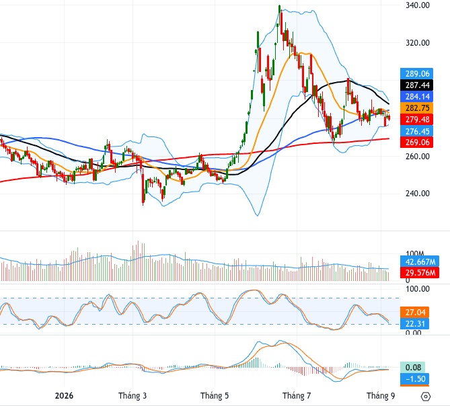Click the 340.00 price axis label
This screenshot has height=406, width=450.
pos(418,5)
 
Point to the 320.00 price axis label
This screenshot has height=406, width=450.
pos(418,43)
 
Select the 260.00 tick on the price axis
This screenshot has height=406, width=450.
pos(418,156)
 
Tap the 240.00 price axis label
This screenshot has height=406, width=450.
pos(418,193)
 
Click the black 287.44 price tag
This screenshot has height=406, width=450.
pos(417,85)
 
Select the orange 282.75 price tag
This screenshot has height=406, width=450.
pos(417,108)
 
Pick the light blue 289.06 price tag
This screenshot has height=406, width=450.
pos(417,74)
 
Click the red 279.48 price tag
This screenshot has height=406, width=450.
pos(417,120)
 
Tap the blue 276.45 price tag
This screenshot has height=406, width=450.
pos(417,131)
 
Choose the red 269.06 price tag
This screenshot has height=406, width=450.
pos(417,143)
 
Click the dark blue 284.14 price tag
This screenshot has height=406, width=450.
pos(417,97)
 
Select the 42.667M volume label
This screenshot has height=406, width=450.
pos(420,261)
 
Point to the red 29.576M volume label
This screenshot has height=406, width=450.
pos(420,272)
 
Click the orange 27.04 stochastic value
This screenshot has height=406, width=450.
pos(415,313)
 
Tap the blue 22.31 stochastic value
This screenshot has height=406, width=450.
pos(415,324)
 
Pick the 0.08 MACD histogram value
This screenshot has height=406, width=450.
pos(413,368)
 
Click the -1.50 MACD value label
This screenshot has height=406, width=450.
pos(415,379)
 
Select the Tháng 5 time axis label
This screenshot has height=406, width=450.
pos(215,396)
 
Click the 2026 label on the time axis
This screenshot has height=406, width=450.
pos(64,396)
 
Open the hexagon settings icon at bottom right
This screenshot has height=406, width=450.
pos(425,397)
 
